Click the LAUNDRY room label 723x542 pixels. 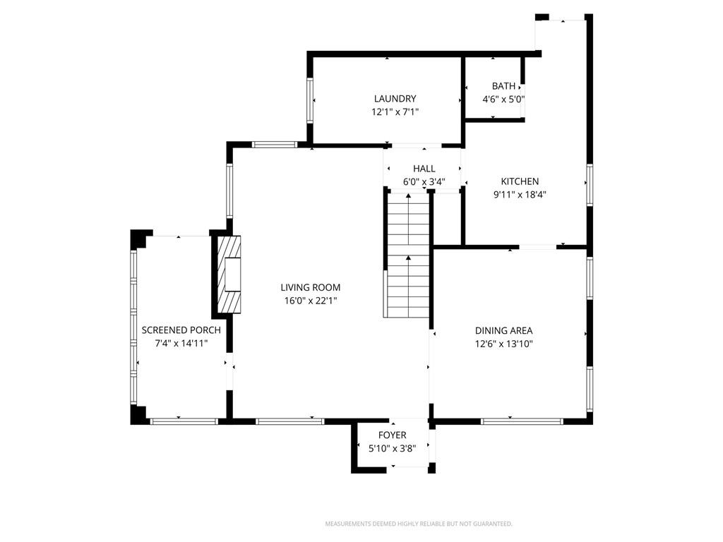click(x=395, y=99)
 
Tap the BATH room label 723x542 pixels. click(x=503, y=86)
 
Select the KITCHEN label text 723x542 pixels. click(x=520, y=181)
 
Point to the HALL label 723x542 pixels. click(x=424, y=169)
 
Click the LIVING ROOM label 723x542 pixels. click(x=311, y=288)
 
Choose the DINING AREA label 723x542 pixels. click(x=504, y=330)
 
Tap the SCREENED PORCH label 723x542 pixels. click(x=181, y=330)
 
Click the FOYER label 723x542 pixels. click(x=393, y=435)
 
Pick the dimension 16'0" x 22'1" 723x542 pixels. click(x=311, y=301)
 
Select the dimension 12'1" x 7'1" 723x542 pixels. click(x=395, y=112)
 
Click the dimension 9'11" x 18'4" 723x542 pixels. click(x=520, y=195)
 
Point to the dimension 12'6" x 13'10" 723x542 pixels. click(x=504, y=344)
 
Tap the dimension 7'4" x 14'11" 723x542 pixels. click(x=181, y=344)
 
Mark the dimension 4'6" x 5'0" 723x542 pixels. click(x=503, y=99)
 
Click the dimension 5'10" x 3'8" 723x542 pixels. click(x=393, y=448)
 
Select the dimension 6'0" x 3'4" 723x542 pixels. click(x=424, y=182)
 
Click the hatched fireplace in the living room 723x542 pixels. click(x=229, y=275)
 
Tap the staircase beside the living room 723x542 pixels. click(x=408, y=253)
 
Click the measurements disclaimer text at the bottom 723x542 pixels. click(x=419, y=524)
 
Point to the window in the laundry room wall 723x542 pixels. click(x=311, y=100)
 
